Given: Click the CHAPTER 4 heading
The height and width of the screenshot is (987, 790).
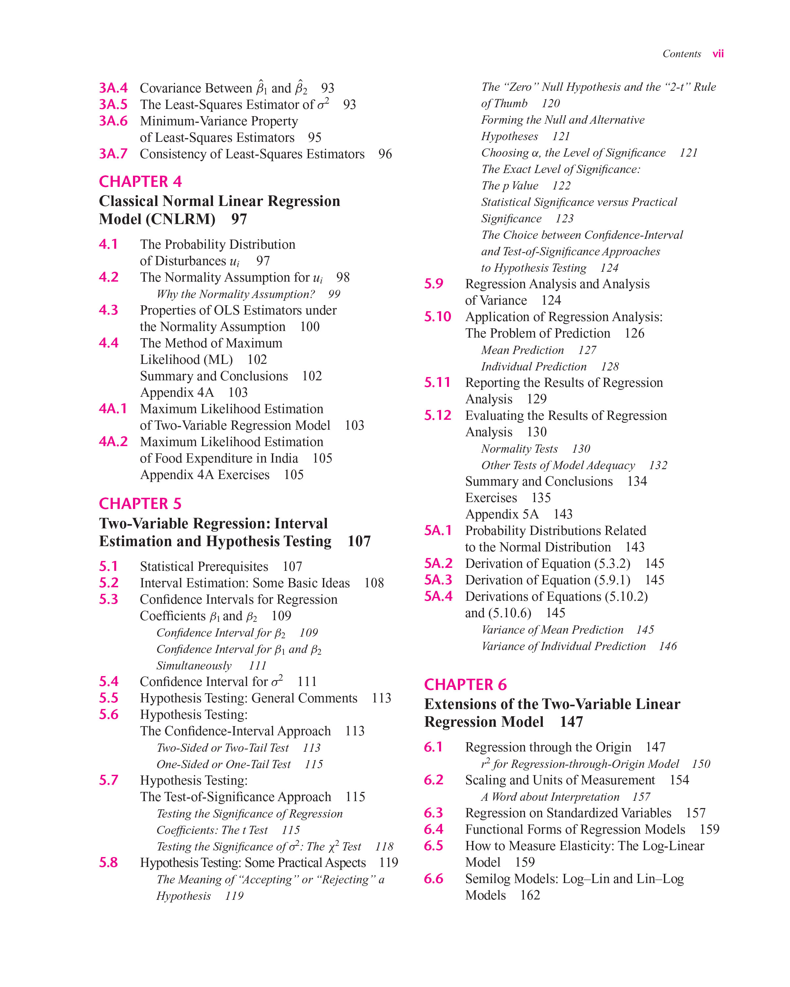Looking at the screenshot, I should [140, 182].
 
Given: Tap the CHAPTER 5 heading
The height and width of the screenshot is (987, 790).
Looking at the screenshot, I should [140, 504].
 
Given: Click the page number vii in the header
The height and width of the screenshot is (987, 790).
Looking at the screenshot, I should [718, 54].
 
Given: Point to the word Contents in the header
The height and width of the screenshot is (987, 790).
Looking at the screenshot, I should [681, 54].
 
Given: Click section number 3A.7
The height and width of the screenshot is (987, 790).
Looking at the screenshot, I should [113, 154].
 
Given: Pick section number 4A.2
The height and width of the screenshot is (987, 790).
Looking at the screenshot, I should [113, 442].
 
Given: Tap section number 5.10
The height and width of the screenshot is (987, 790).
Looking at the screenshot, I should [437, 317].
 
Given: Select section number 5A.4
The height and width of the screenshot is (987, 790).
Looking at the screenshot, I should [438, 596].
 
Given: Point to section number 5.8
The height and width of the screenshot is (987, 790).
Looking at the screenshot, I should [109, 863].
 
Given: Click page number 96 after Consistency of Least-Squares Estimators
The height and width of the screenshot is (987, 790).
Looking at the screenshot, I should [385, 154].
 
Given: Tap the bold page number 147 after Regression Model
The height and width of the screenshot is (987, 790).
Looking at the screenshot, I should [571, 722].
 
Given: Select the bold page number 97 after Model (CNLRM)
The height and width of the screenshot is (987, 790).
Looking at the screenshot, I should [239, 219].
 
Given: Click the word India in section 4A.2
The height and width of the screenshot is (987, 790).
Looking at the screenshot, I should [284, 458].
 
